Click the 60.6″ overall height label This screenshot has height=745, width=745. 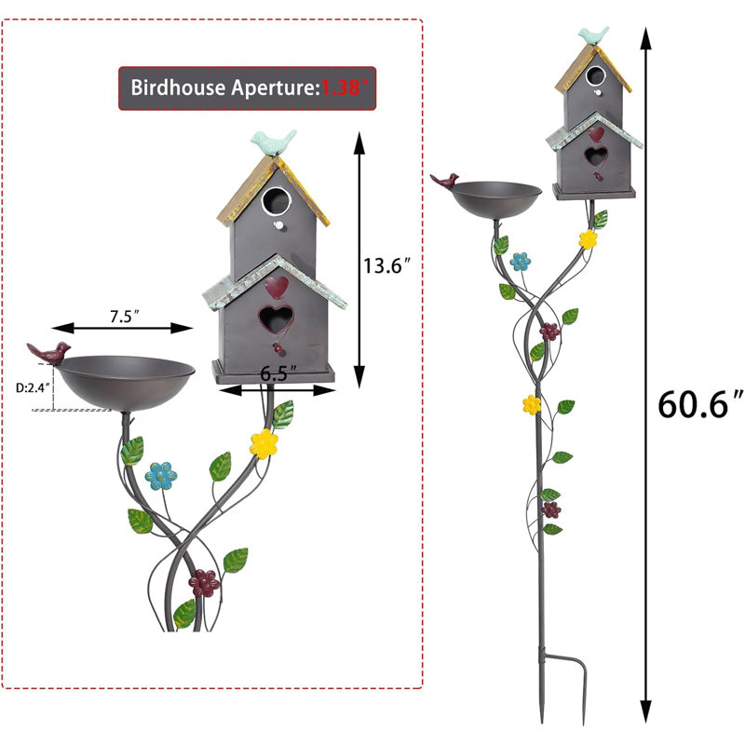[x=700, y=404]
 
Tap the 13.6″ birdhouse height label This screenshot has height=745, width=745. [x=386, y=265]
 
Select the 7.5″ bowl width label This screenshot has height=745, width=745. [x=125, y=317]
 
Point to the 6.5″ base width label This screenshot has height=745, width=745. [x=278, y=374]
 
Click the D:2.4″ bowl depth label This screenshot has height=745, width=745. [x=33, y=387]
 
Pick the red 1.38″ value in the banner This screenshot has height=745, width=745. [x=345, y=88]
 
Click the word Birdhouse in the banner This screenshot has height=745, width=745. [x=178, y=88]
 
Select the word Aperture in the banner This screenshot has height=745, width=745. [x=275, y=88]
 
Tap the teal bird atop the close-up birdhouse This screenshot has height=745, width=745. [x=274, y=142]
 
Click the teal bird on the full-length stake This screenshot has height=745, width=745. [x=593, y=35]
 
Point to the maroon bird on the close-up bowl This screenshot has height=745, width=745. [x=49, y=353]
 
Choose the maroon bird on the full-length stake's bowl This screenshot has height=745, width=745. [x=445, y=181]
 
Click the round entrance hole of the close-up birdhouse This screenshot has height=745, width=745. [x=276, y=201]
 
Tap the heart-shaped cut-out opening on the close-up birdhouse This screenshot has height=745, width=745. [x=276, y=318]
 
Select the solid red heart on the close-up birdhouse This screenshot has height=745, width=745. [x=277, y=287]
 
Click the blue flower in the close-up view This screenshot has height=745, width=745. [x=161, y=476]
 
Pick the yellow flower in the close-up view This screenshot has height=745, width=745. [x=264, y=444]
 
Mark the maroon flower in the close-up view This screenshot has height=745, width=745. [x=204, y=583]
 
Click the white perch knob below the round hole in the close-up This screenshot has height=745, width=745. [x=278, y=225]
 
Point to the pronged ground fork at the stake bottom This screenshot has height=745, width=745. [x=563, y=686]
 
